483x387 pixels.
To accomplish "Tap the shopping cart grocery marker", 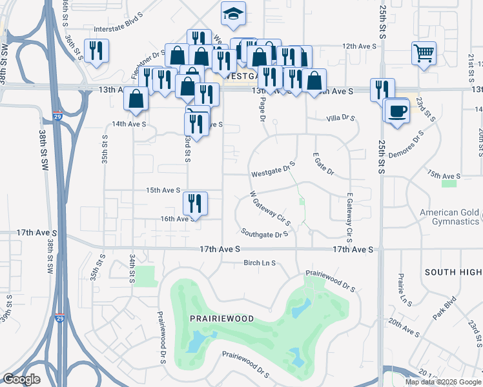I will click(x=424, y=54).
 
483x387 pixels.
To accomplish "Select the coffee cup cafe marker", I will click(x=397, y=110).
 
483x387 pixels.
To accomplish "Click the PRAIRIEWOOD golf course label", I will click(x=221, y=319).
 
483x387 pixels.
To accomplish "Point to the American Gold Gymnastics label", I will click(x=450, y=217).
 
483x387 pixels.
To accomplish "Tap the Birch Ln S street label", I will click(x=260, y=263).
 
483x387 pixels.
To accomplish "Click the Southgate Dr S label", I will click(x=264, y=233).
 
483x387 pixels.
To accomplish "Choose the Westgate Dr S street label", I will click(x=272, y=172).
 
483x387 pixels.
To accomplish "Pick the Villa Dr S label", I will click(x=341, y=118).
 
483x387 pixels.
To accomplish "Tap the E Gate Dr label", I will click(x=323, y=164).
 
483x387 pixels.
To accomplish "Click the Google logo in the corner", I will click(x=22, y=379).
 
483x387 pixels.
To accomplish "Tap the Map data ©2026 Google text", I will click(x=443, y=382).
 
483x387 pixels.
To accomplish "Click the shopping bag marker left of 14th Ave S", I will click(x=137, y=99).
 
